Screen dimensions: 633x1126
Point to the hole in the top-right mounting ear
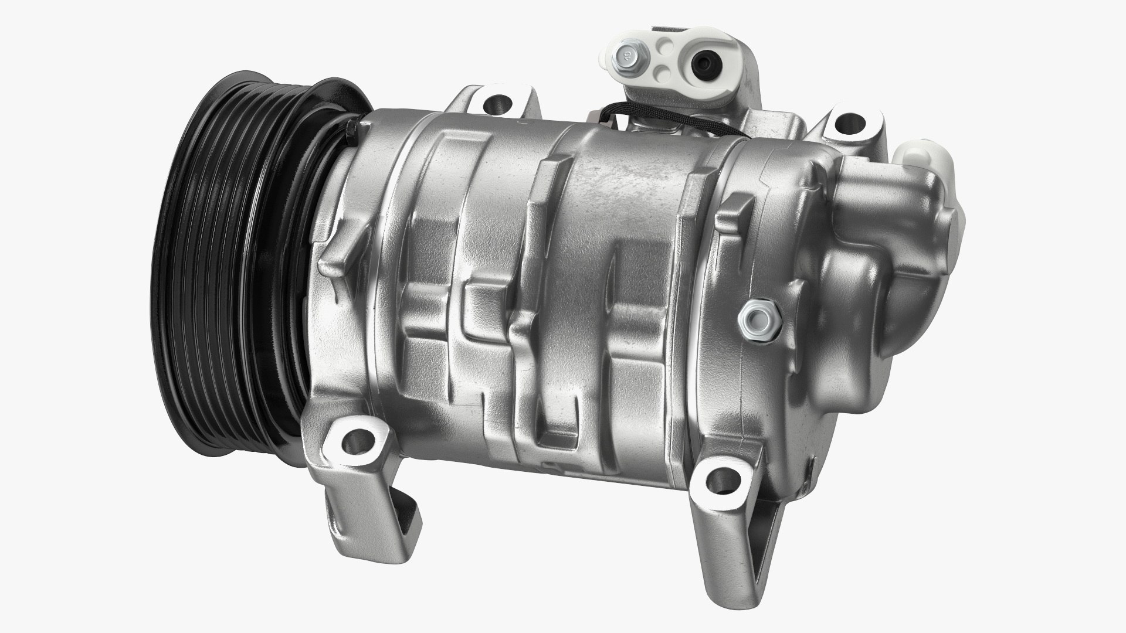846,122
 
